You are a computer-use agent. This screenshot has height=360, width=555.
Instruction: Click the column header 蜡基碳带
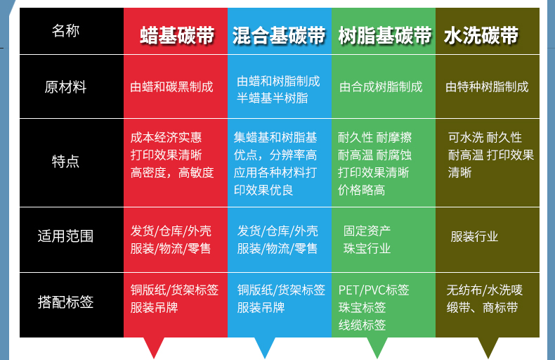click(177, 35)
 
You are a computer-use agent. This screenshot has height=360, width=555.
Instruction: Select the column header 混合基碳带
click(279, 35)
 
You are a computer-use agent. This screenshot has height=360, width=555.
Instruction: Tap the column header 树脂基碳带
click(385, 35)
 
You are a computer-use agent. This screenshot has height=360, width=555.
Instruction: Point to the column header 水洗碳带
click(481, 35)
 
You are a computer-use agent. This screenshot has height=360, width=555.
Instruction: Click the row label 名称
click(65, 31)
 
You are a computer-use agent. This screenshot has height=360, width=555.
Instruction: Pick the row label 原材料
click(65, 86)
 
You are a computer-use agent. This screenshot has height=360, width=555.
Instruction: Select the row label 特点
click(65, 162)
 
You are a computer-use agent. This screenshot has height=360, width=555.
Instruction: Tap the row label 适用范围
click(65, 236)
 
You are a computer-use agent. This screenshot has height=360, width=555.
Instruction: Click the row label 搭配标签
click(65, 302)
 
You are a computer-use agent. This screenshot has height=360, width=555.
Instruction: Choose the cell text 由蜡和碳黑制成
click(171, 86)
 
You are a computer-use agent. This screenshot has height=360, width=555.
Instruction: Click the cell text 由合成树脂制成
click(381, 86)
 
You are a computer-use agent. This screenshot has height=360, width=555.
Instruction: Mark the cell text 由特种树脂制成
click(487, 86)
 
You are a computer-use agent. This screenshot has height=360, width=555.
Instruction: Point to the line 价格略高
click(361, 191)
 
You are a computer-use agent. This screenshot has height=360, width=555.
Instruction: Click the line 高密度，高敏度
click(172, 172)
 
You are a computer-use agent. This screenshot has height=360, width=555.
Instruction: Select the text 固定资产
click(367, 231)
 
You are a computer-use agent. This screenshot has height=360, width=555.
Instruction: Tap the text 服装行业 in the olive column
click(474, 236)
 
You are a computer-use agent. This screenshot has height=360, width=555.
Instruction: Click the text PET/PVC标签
click(374, 290)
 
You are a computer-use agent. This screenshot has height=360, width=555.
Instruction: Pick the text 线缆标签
click(362, 325)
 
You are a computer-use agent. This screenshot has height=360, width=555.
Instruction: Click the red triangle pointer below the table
click(154, 346)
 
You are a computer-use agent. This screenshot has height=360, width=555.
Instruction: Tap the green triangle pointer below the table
click(377, 346)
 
